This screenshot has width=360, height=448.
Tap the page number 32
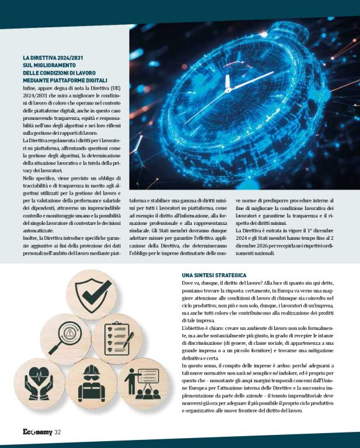point(57,432)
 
